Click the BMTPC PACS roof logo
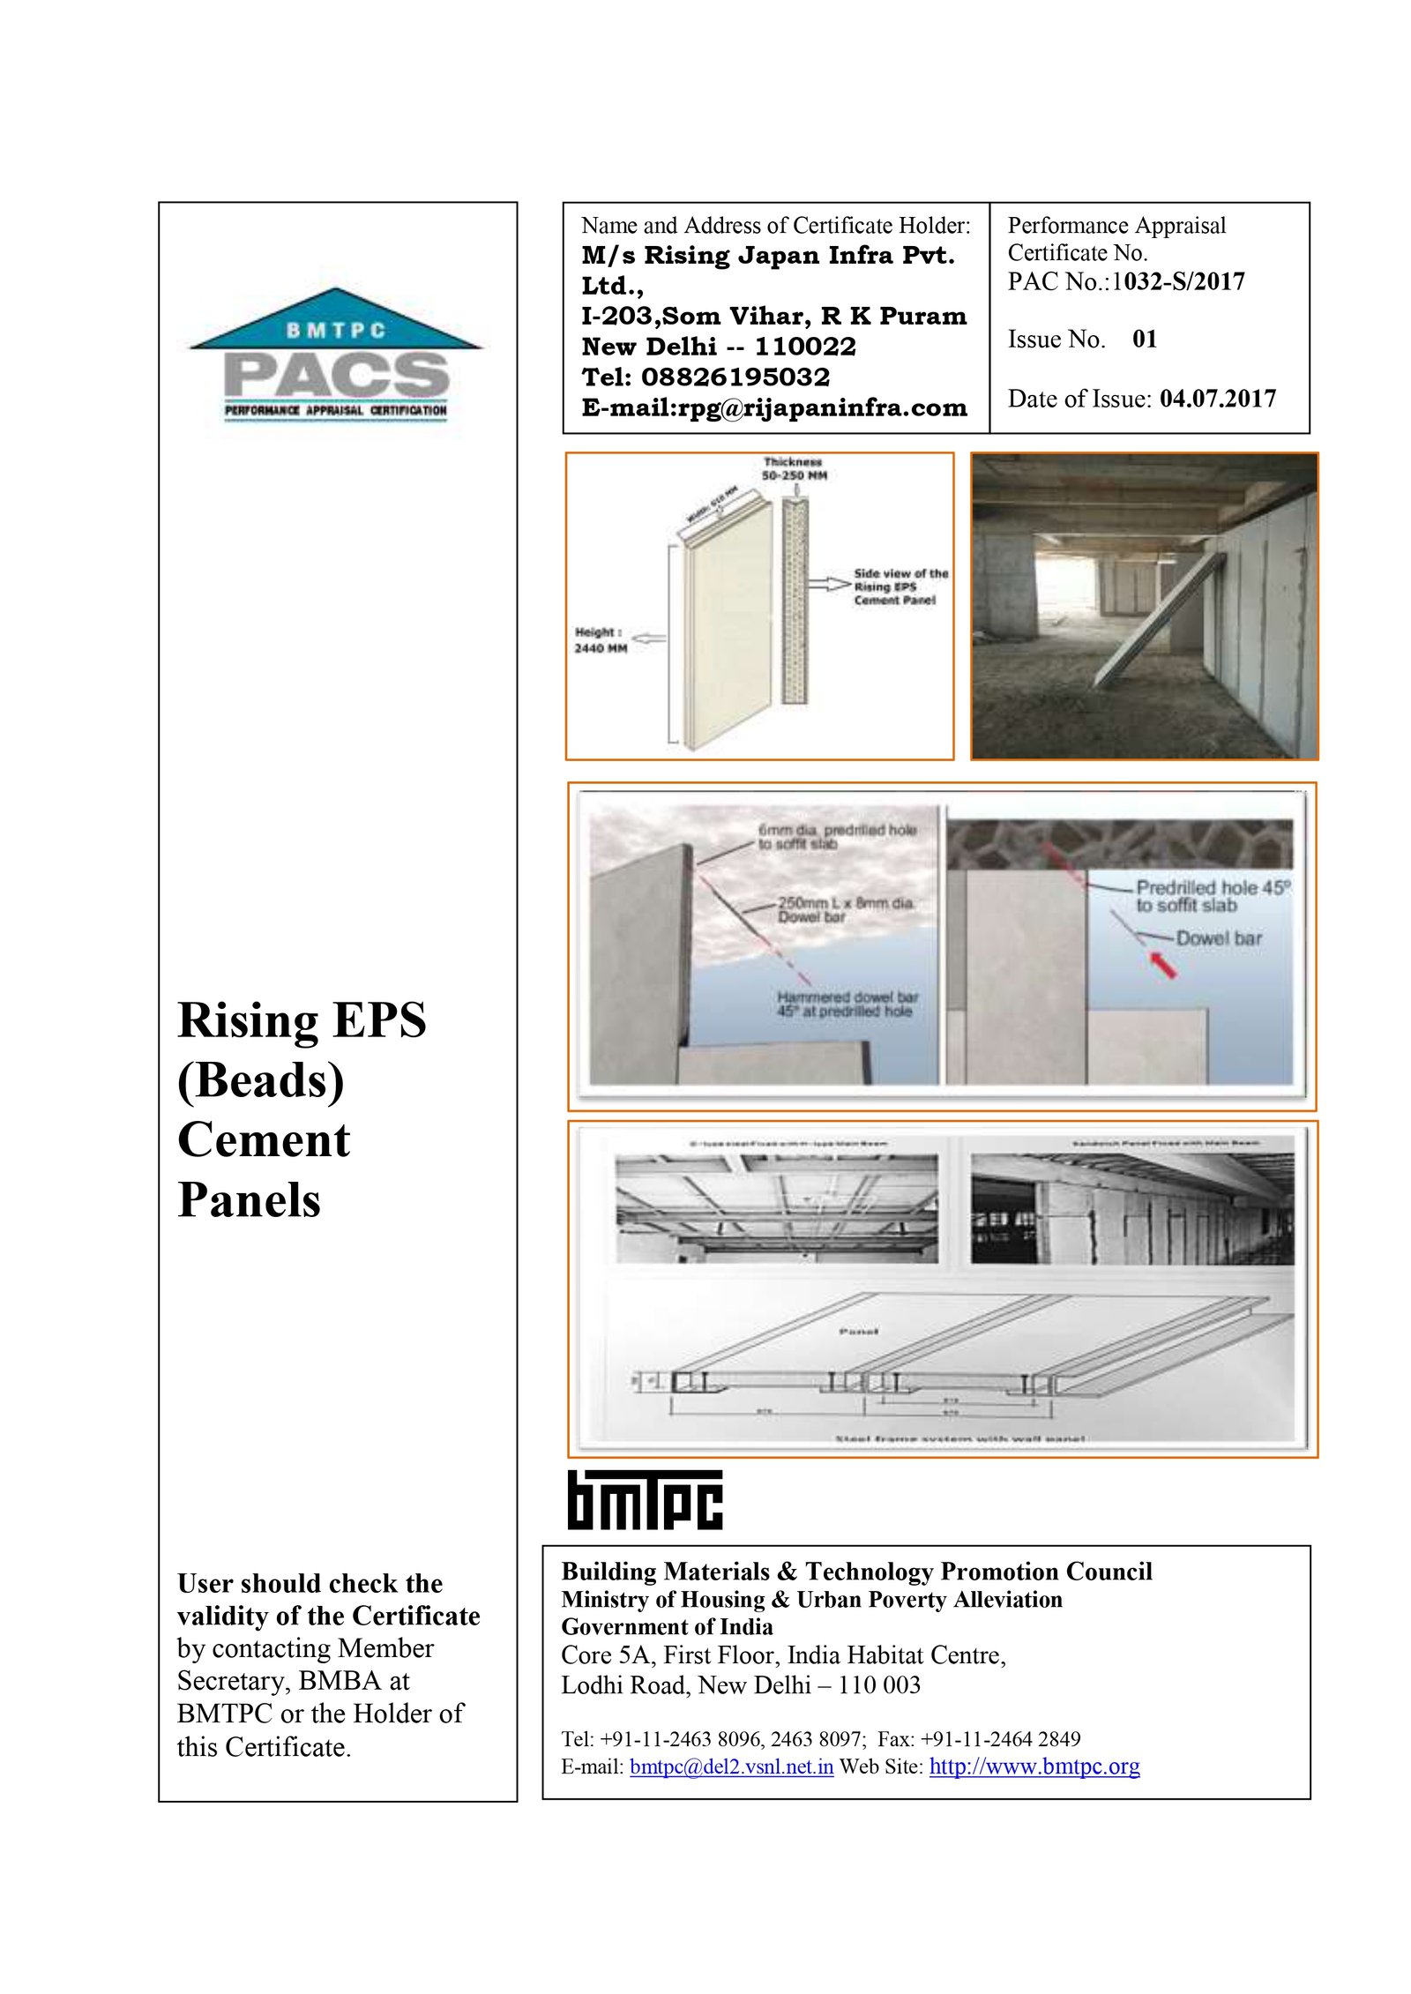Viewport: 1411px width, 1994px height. [334, 353]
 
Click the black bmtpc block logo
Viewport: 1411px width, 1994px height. [644, 1499]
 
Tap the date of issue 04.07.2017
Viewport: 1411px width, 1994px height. [1217, 400]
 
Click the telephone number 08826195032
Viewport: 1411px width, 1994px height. [735, 377]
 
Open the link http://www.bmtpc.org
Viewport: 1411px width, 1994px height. [1034, 1766]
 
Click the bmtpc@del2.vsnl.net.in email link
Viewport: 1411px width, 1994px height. [731, 1766]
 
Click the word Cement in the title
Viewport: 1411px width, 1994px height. [264, 1139]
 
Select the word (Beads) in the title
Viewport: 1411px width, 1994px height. [261, 1079]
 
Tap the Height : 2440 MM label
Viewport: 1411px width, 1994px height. [601, 639]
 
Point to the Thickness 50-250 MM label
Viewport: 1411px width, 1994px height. [794, 468]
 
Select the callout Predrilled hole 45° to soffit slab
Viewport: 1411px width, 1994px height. [1212, 896]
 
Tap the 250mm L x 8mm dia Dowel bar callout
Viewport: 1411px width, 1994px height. [845, 910]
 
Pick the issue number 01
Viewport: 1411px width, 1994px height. [1145, 340]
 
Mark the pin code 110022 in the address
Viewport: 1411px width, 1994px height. [804, 347]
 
